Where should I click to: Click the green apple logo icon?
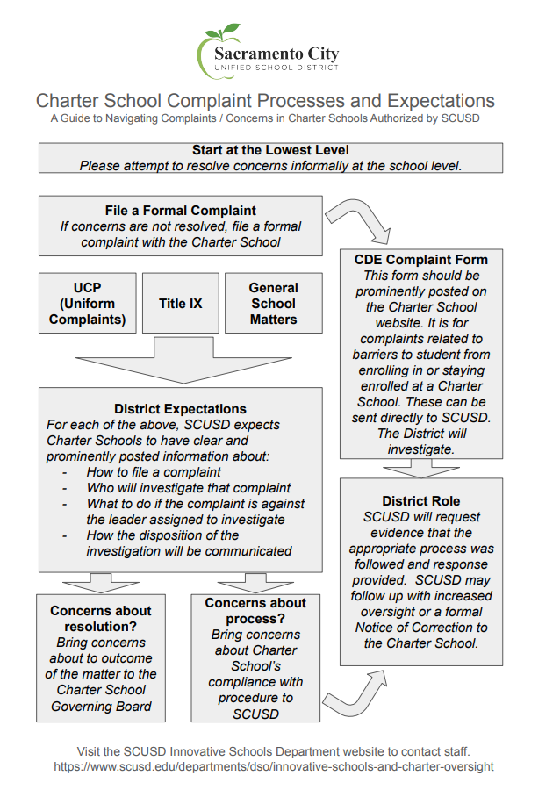[214, 50]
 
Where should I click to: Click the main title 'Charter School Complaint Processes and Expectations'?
[265, 101]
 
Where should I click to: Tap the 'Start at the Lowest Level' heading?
[270, 150]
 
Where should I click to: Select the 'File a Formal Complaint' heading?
[181, 210]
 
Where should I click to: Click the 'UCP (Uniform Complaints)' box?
[88, 304]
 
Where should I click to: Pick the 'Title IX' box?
[180, 304]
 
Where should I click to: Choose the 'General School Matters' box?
[273, 304]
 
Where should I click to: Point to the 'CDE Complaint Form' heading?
[420, 260]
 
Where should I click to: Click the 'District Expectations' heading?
[180, 408]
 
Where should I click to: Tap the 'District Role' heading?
[420, 501]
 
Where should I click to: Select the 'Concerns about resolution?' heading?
[101, 619]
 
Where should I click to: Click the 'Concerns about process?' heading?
[255, 611]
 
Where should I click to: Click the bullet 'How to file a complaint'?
[154, 472]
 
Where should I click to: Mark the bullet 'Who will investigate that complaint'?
[188, 488]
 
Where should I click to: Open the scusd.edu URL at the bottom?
[274, 766]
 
